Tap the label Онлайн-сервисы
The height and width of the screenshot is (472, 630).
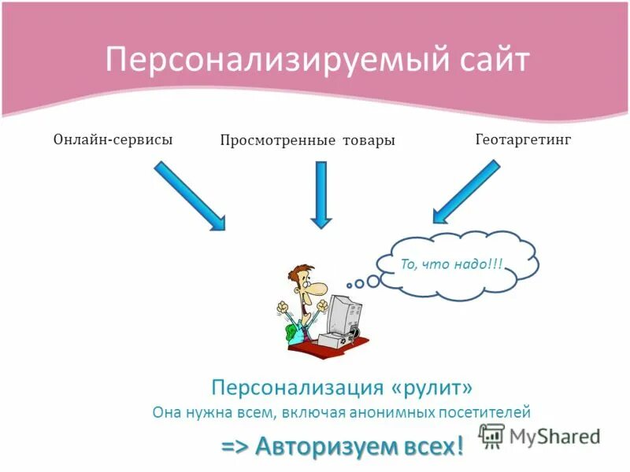(x=113, y=138)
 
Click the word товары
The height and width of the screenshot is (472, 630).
(x=369, y=140)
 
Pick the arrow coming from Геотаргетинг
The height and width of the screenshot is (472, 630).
(x=466, y=191)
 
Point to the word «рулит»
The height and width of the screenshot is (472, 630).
(x=432, y=387)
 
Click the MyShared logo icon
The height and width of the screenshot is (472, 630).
(x=491, y=435)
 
